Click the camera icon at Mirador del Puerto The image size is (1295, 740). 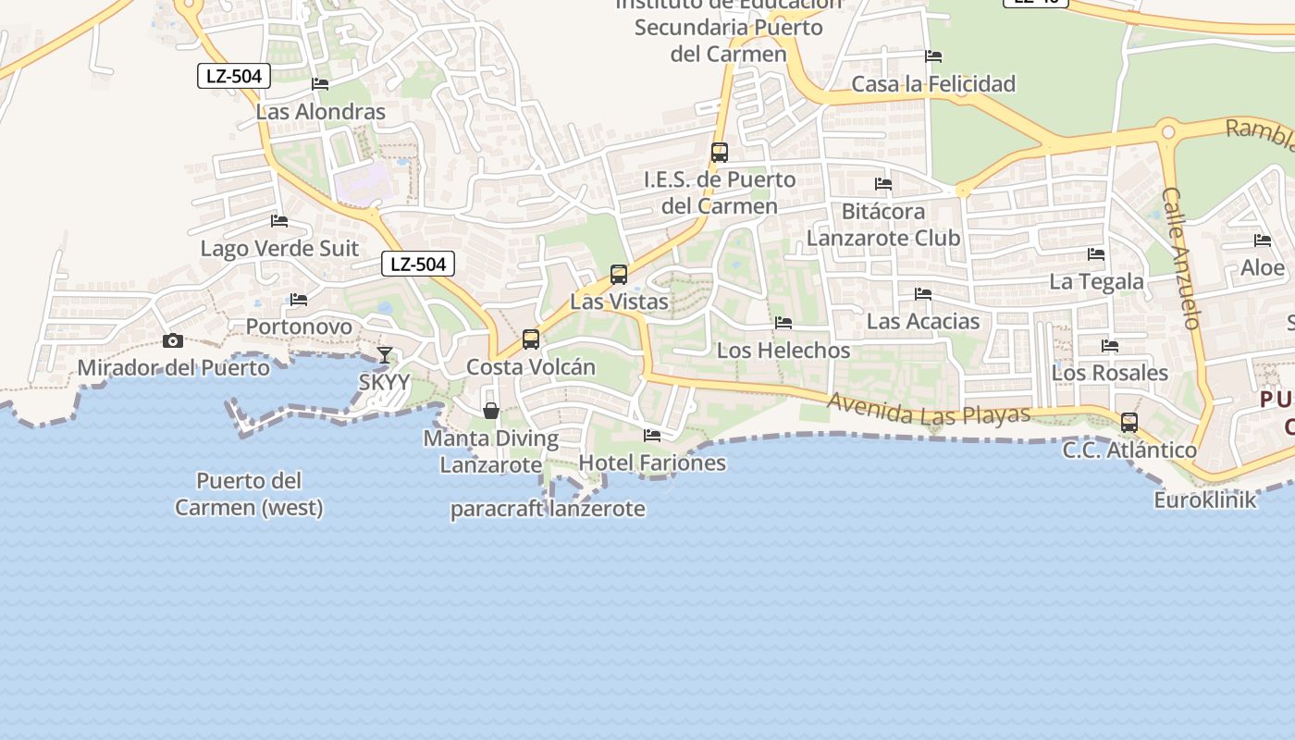tap(172, 341)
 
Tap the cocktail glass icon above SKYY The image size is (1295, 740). tap(385, 355)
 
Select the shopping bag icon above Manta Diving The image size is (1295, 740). tap(491, 411)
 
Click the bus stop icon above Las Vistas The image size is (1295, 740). tap(619, 275)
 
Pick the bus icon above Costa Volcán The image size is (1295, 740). tap(531, 339)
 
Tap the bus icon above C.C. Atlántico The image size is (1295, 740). tap(1129, 423)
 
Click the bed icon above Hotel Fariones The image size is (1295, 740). tap(652, 435)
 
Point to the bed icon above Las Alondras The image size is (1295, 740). tap(320, 84)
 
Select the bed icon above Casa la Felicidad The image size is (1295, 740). tap(933, 56)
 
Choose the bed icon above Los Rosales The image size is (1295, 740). tap(1110, 346)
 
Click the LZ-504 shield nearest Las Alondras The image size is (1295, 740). tap(234, 76)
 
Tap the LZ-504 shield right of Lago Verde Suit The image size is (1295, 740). tap(418, 264)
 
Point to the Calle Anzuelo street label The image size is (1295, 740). tap(1181, 258)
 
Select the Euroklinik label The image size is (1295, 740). tap(1205, 500)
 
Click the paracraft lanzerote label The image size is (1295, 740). tap(548, 509)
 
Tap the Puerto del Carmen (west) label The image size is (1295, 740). tap(249, 494)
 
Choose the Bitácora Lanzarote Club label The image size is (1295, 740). tap(883, 225)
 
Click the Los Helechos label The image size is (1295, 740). tap(783, 351)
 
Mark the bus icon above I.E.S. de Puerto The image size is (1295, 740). tap(720, 153)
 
